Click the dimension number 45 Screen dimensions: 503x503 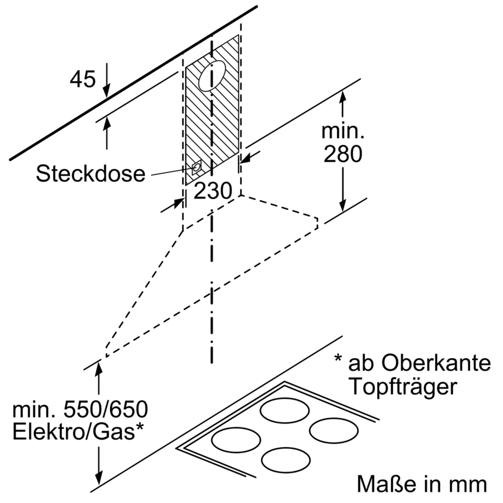coord(83,79)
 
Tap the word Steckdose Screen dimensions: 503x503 coord(91,174)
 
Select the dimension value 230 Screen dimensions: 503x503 coord(213,191)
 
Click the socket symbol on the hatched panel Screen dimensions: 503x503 coord(197,167)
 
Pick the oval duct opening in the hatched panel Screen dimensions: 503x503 coord(212,76)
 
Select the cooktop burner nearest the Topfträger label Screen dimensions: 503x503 coord(284,411)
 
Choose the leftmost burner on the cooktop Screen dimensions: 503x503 coord(236,440)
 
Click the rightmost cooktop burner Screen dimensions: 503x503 coord(334,430)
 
